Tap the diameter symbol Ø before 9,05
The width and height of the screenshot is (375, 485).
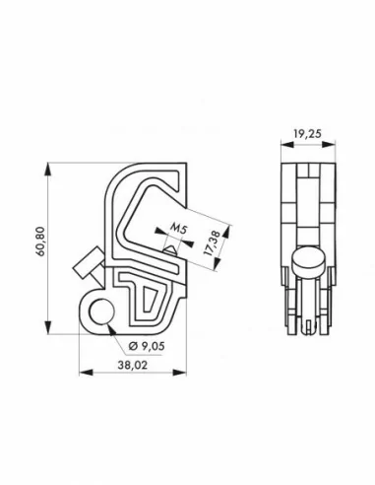coord(131,345)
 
